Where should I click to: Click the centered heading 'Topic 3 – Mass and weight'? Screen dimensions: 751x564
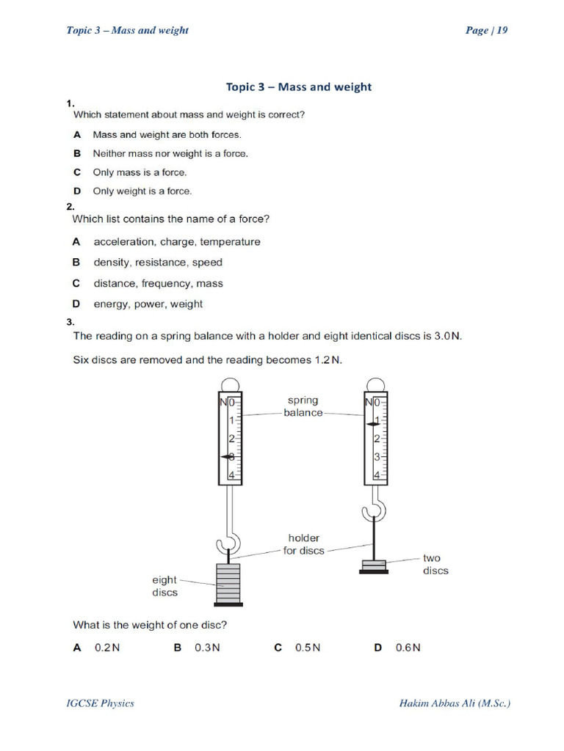pyautogui.click(x=298, y=87)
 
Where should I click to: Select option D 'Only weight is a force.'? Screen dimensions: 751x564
pyautogui.click(x=141, y=191)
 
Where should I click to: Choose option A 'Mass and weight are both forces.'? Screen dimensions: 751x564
pyautogui.click(x=166, y=135)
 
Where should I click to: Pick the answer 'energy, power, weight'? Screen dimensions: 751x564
pyautogui.click(x=148, y=304)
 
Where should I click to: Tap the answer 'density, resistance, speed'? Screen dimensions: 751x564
pyautogui.click(x=157, y=263)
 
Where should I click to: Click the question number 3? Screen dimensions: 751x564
pyautogui.click(x=70, y=322)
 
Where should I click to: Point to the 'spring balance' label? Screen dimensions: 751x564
pyautogui.click(x=303, y=406)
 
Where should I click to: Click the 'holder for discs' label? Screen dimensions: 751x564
pyautogui.click(x=303, y=544)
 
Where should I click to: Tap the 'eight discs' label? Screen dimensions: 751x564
pyautogui.click(x=164, y=586)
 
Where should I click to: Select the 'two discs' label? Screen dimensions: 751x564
pyautogui.click(x=435, y=564)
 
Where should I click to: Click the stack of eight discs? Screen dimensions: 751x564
pyautogui.click(x=228, y=583)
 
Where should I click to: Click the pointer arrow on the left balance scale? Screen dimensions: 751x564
pyautogui.click(x=227, y=457)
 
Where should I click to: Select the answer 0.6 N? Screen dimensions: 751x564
pyautogui.click(x=407, y=648)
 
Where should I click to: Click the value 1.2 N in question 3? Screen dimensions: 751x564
pyautogui.click(x=327, y=360)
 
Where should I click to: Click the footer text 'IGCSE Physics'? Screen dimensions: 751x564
pyautogui.click(x=101, y=703)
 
